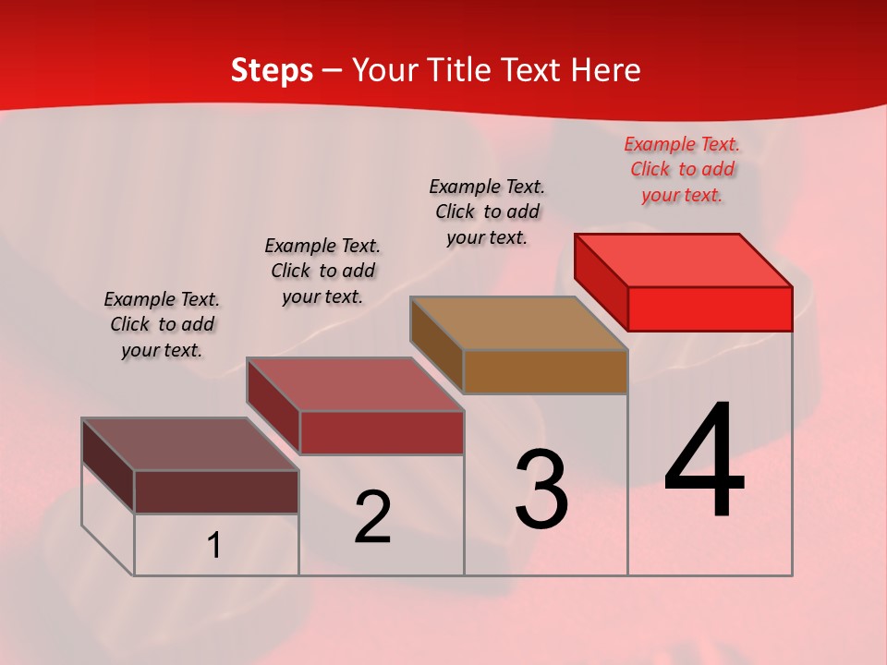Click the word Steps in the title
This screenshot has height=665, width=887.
click(272, 70)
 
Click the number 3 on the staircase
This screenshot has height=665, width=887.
click(541, 489)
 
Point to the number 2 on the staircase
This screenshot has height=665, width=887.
click(372, 517)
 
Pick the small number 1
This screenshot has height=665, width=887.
click(214, 546)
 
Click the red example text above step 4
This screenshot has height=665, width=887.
click(682, 169)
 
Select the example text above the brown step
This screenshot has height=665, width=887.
click(487, 212)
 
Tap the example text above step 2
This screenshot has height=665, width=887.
click(322, 271)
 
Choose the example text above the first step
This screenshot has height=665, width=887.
click(162, 324)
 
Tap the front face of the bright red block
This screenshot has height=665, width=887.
click(710, 308)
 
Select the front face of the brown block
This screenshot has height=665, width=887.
click(545, 371)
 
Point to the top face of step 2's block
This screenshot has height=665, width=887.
click(355, 383)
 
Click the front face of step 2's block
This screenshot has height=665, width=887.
click(382, 432)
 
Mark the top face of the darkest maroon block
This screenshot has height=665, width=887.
click(190, 443)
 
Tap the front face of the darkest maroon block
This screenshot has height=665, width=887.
click(216, 491)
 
